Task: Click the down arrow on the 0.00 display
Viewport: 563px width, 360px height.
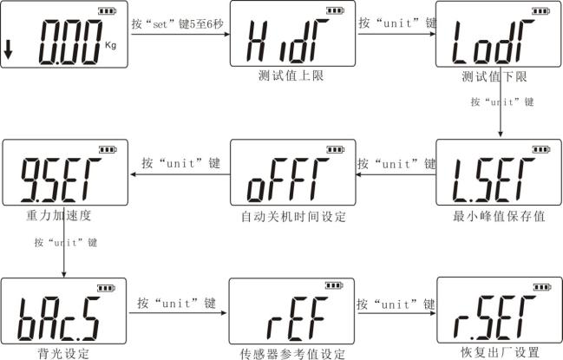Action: tap(8, 50)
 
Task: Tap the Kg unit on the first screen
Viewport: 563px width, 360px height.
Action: tap(110, 46)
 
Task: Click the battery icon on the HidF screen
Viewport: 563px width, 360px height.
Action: tap(336, 10)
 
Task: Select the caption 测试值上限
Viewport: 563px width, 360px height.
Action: tap(291, 75)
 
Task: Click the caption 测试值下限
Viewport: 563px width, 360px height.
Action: tap(494, 76)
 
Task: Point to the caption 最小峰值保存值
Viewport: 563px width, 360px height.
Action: tap(499, 216)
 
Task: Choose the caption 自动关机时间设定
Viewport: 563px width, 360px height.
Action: tap(293, 216)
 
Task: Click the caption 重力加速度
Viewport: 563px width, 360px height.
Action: tap(58, 215)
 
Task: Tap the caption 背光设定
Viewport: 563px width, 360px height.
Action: tap(63, 354)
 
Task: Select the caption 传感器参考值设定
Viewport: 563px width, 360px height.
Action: tap(292, 354)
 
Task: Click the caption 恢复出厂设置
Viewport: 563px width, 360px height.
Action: tap(500, 352)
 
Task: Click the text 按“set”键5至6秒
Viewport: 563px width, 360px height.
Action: tap(177, 24)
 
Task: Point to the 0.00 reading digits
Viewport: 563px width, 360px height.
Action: tap(70, 43)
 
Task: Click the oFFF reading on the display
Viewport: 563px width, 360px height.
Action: tap(288, 180)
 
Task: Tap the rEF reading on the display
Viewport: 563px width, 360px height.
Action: tap(297, 318)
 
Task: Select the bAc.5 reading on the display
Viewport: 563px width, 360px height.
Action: tap(58, 318)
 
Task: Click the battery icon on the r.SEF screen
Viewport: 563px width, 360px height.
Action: tap(542, 287)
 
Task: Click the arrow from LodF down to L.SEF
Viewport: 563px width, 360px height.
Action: tap(501, 102)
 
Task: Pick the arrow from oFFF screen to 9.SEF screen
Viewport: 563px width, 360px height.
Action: tap(180, 174)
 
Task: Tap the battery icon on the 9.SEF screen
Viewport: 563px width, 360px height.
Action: tap(108, 149)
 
